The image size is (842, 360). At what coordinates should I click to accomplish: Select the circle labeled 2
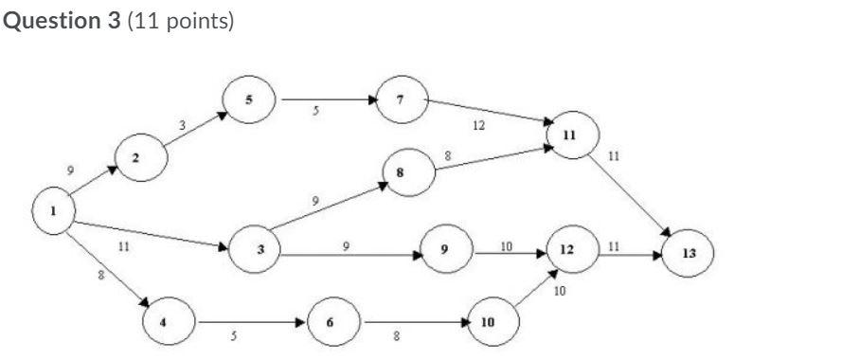[x=138, y=158]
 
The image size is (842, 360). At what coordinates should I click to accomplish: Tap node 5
[x=249, y=99]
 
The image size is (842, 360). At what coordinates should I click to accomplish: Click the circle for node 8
[x=408, y=173]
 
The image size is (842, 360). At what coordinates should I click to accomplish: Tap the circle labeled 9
[x=444, y=250]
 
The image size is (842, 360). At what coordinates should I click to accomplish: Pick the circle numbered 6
[x=330, y=321]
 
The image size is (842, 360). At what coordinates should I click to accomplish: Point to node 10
[x=489, y=322]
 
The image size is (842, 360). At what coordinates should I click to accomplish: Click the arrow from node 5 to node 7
[x=327, y=99]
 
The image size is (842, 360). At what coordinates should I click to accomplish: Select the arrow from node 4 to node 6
[x=250, y=321]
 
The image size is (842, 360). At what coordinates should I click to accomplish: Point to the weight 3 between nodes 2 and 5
[x=182, y=124]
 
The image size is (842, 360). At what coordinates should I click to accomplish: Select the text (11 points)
[x=179, y=21]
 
